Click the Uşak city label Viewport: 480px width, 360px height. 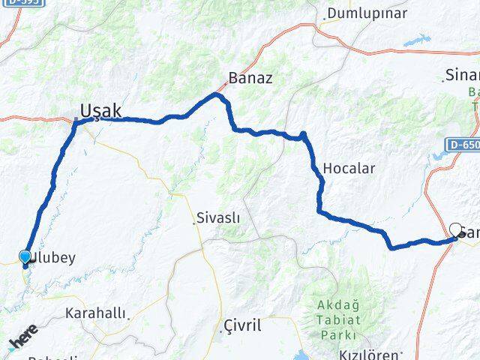(x=100, y=111)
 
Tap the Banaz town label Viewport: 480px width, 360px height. (x=250, y=78)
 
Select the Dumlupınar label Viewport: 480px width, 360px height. (x=367, y=13)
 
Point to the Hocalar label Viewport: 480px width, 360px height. (x=347, y=168)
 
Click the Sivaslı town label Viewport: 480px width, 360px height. (x=217, y=218)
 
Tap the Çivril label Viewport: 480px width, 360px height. (x=242, y=325)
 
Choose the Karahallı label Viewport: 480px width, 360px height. (x=96, y=313)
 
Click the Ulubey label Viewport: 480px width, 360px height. (x=52, y=258)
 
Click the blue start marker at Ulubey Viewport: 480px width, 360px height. (x=25, y=258)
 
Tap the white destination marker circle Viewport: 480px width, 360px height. (x=455, y=229)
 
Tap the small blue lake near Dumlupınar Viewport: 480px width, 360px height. (x=417, y=40)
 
